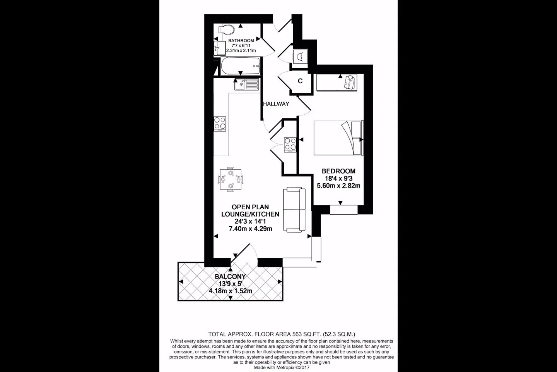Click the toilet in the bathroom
226,29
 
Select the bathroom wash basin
220,48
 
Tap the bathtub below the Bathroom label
240,66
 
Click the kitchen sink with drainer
247,84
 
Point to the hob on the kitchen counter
220,124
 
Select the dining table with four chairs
231,179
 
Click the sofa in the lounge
294,210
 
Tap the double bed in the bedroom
338,138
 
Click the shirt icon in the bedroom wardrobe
350,82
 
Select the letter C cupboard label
300,81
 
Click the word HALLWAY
276,104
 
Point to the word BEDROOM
338,171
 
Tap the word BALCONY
230,277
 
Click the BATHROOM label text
241,40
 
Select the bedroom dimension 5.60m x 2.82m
338,186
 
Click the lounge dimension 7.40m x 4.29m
250,229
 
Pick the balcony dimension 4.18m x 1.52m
230,291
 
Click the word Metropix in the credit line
286,367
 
